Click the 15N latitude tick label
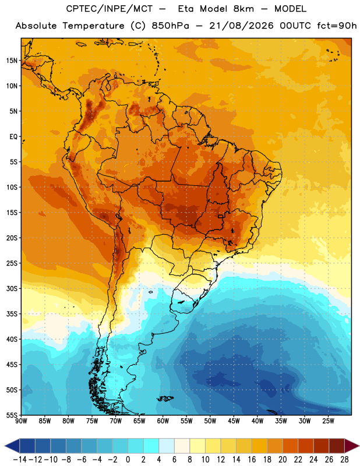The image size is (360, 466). coord(12,61)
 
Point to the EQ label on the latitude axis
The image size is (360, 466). coord(13,137)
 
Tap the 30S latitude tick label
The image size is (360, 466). coord(12,288)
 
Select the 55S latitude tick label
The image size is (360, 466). coord(12,415)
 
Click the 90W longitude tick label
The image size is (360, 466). coord(21,421)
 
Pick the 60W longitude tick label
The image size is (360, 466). coord(163,421)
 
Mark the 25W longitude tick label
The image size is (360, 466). coord(328,421)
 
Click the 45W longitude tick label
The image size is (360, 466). coord(234,421)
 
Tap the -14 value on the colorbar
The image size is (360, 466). coord(20,460)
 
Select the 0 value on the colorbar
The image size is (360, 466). coord(128,460)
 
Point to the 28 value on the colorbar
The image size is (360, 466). coord(344,460)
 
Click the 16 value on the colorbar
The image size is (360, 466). coord(252,460)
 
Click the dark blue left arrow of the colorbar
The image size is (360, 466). coord(12,446)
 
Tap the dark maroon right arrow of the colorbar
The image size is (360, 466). coord(352,446)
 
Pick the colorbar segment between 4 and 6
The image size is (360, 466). coord(167,446)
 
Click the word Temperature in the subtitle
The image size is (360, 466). coord(93,26)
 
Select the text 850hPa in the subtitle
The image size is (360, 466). coord(170,26)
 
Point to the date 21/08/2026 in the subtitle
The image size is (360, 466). coord(241,26)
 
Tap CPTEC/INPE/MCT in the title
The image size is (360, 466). coord(110,9)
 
